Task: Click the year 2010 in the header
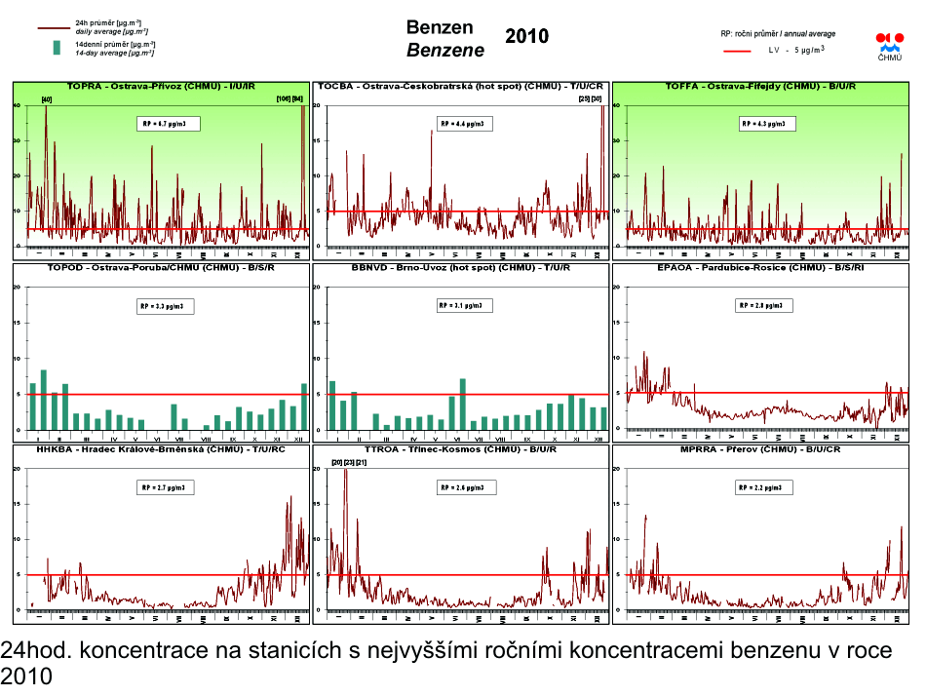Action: click(x=527, y=37)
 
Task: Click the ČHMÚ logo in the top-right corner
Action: click(x=890, y=46)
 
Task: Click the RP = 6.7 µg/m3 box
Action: click(x=167, y=124)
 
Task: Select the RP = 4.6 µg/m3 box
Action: click(x=466, y=124)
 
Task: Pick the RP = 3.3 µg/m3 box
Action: click(x=166, y=305)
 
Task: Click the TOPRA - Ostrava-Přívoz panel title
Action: click(x=161, y=87)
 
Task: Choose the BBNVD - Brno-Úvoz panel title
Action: click(x=460, y=267)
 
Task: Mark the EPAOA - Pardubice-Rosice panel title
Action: click(x=759, y=267)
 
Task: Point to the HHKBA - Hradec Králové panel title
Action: click(x=161, y=449)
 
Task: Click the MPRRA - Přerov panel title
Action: click(x=759, y=449)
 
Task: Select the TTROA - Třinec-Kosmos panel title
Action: click(x=460, y=449)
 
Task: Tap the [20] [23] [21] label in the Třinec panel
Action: click(x=349, y=461)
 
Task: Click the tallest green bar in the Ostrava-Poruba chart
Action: click(x=44, y=400)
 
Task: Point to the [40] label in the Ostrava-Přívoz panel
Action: click(x=46, y=99)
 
